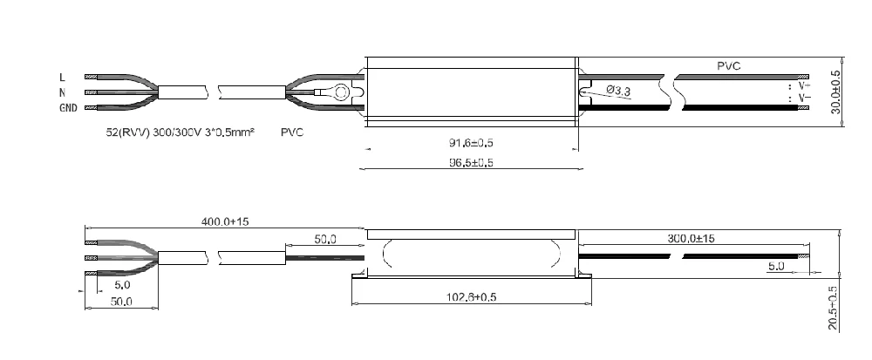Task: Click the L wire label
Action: click(62, 77)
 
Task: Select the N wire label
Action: click(62, 92)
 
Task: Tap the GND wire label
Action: click(67, 108)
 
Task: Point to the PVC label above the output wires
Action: click(729, 65)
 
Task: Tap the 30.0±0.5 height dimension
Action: click(835, 92)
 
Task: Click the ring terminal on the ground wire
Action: click(341, 91)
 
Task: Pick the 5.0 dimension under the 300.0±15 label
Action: click(776, 266)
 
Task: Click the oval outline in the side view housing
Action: click(473, 255)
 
